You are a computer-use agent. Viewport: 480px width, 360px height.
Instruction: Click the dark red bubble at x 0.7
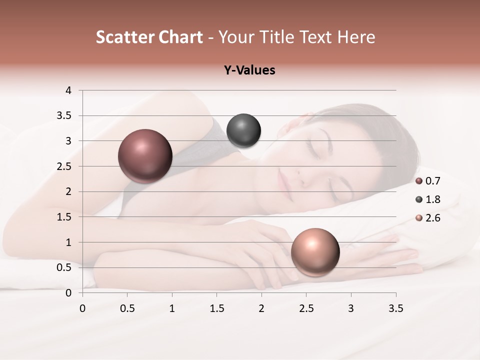coord(145,156)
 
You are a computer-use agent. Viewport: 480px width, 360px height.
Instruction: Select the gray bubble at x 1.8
coord(243,131)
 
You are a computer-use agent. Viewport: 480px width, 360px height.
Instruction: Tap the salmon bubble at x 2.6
coord(315,252)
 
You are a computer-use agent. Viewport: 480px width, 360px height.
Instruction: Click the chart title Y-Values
coord(249,70)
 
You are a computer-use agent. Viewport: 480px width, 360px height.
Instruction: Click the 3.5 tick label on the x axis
coord(395,308)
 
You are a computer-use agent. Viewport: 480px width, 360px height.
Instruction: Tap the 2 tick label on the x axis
coord(261,308)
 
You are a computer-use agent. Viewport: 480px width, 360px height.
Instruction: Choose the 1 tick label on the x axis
coord(172,308)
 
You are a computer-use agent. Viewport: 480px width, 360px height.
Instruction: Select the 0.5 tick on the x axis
coord(127,308)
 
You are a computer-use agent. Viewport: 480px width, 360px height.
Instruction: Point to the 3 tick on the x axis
coord(351,308)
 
